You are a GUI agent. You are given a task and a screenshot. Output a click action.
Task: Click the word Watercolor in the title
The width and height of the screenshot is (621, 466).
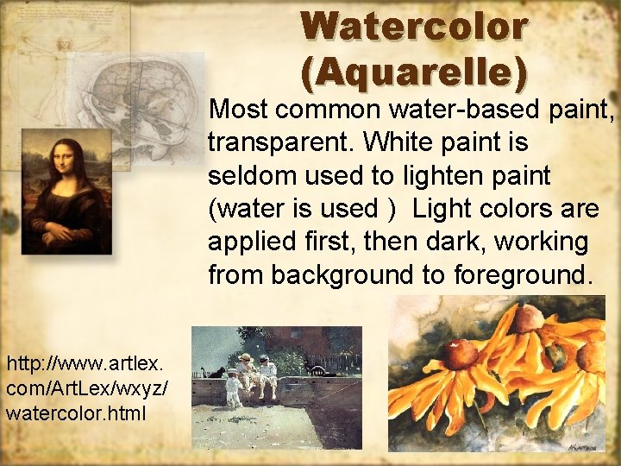point(414,27)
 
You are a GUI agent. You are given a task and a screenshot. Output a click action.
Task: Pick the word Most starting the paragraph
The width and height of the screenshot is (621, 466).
point(237,110)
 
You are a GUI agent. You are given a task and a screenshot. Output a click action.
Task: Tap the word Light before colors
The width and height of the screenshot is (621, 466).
point(442,208)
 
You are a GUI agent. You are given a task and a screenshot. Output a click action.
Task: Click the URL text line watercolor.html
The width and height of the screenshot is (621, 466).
point(76,412)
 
